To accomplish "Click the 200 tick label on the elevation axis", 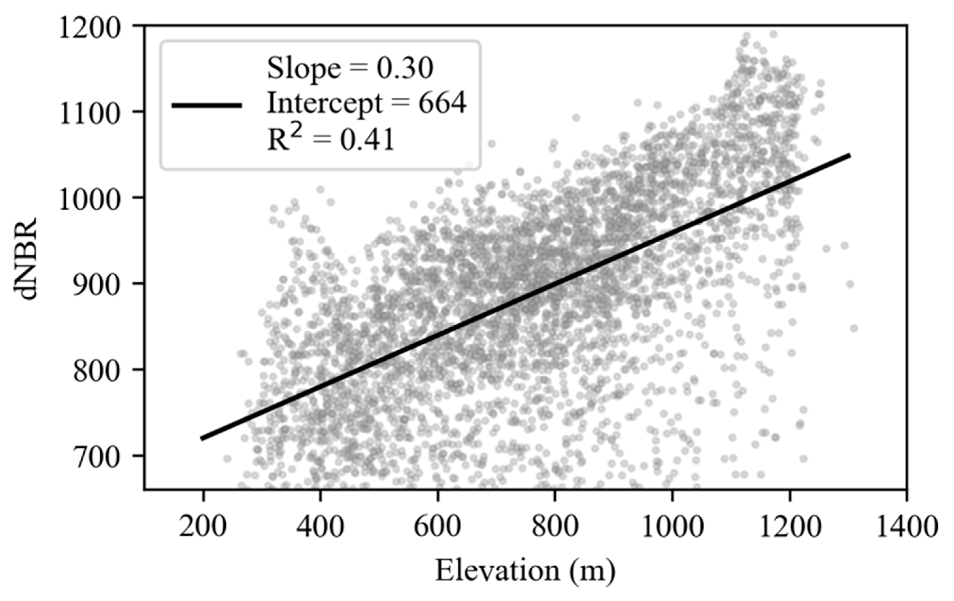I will (203, 527).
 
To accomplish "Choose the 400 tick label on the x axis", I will (320, 527).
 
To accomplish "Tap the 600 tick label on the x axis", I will (437, 527).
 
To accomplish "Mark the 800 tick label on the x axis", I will (555, 527).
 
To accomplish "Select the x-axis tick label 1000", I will (672, 527).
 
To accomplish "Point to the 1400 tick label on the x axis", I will (906, 527).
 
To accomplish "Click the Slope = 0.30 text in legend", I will (350, 68).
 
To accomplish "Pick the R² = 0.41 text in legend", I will (331, 140).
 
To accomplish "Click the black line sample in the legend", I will (206, 105).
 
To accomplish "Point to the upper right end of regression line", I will (849, 155).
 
